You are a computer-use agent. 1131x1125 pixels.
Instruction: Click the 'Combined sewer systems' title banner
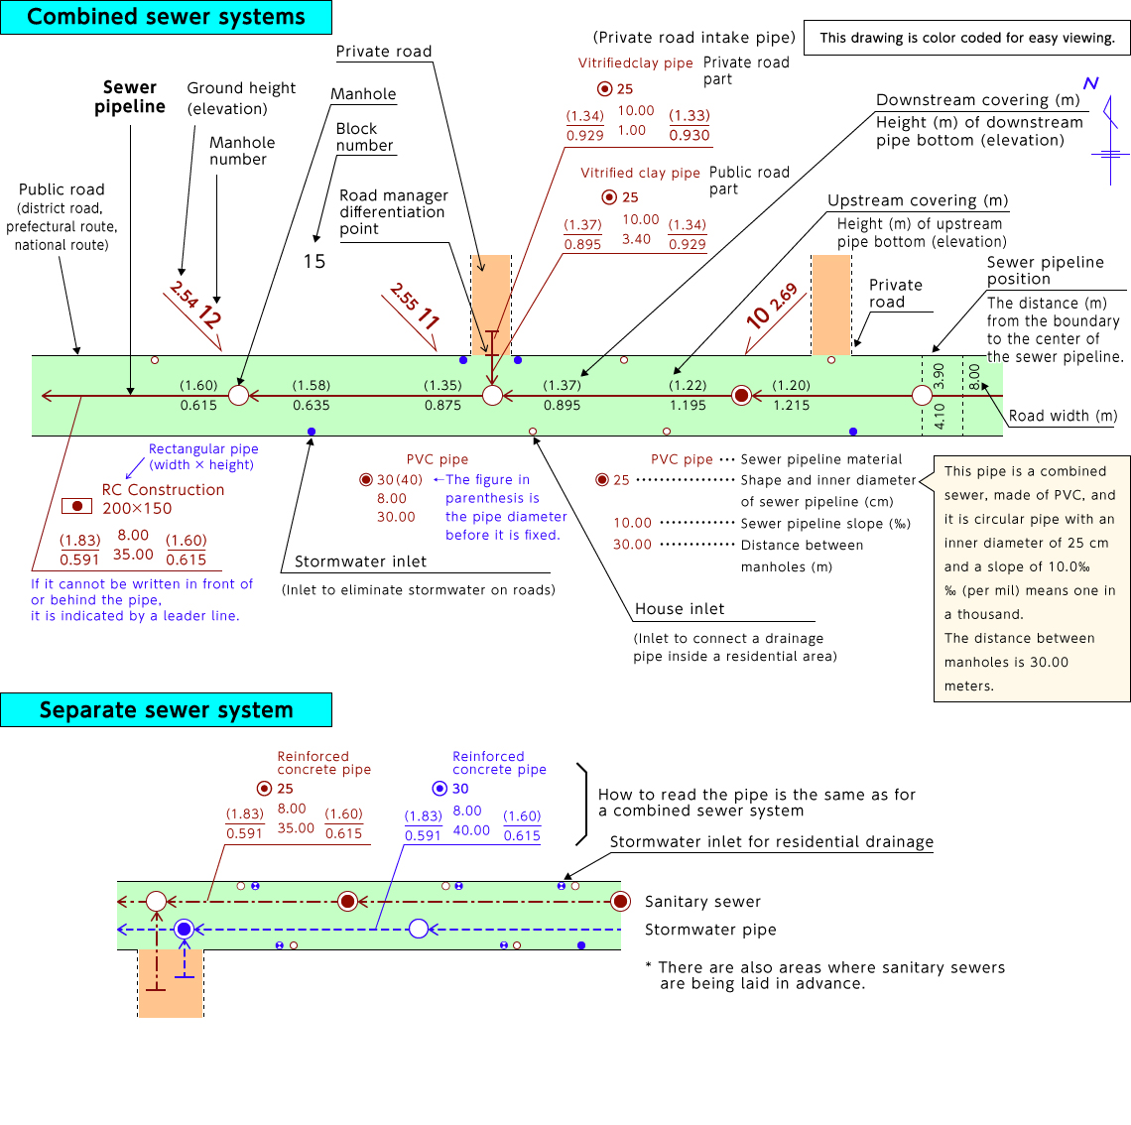[x=166, y=17]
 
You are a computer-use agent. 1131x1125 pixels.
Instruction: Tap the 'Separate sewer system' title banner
[x=166, y=709]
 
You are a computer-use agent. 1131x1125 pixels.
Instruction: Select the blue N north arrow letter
[x=1090, y=83]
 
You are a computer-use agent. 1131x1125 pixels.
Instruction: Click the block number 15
[x=314, y=261]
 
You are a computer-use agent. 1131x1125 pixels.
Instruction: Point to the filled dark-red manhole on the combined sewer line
[x=741, y=395]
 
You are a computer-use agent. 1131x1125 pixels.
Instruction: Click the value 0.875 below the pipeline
[x=442, y=406]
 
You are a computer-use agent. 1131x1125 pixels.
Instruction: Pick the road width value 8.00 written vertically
[x=974, y=376]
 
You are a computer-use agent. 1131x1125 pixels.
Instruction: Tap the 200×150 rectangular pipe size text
[x=137, y=508]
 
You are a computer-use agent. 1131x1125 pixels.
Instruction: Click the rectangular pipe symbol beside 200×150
[x=76, y=506]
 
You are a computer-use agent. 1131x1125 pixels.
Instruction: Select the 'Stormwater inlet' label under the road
[x=360, y=562]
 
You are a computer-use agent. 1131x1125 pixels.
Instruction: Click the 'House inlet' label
[x=680, y=609]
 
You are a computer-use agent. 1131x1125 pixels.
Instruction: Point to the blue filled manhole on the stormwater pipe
[x=184, y=929]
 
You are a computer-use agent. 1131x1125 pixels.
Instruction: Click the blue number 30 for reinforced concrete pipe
[x=460, y=789]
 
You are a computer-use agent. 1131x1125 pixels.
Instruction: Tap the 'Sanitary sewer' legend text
[x=702, y=902]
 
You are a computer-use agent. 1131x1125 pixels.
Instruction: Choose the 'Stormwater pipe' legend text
[x=710, y=930]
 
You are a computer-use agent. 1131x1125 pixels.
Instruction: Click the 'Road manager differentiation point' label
[x=394, y=212]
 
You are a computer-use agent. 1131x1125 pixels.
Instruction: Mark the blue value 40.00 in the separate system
[x=471, y=830]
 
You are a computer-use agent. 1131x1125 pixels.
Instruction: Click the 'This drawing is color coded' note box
[x=966, y=38]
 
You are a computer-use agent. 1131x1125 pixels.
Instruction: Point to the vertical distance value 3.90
[x=940, y=376]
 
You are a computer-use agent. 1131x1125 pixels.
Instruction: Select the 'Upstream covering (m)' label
[x=918, y=200]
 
